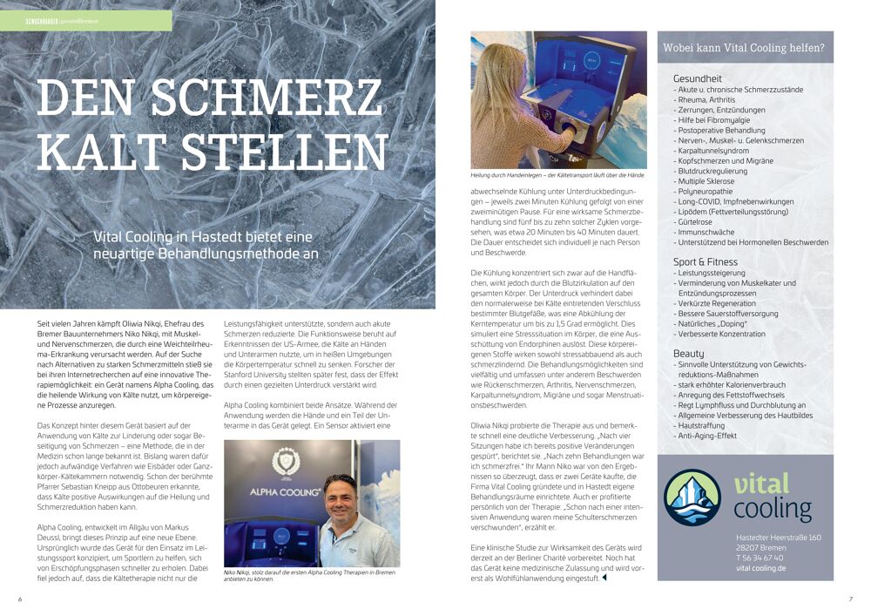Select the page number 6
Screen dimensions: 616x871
click(20, 599)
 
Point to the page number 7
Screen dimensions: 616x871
click(850, 599)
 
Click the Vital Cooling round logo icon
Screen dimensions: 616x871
click(692, 497)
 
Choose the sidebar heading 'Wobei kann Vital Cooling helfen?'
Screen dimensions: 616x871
click(743, 48)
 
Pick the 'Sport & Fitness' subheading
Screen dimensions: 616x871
click(705, 261)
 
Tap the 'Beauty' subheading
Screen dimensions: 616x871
click(688, 354)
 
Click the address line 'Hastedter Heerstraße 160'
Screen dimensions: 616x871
click(778, 538)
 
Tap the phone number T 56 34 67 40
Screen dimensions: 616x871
click(759, 558)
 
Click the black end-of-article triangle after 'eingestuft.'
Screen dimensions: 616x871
click(604, 577)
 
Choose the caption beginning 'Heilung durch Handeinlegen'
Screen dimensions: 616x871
click(558, 175)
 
